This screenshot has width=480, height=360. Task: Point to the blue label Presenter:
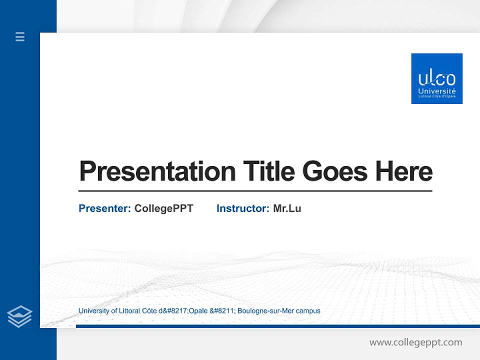104,208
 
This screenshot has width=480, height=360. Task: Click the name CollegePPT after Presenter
163,208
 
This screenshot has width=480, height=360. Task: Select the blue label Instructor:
242,208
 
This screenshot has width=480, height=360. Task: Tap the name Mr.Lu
287,208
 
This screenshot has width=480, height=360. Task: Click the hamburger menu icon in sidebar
20,36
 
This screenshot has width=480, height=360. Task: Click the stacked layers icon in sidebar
19,316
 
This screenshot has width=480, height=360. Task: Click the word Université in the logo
436,91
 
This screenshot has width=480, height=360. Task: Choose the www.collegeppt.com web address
415,342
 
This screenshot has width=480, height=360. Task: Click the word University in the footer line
93,311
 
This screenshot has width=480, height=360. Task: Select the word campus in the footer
308,311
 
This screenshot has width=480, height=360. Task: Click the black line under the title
255,191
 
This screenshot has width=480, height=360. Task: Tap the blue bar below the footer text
277,326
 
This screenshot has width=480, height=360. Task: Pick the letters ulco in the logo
436,79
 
